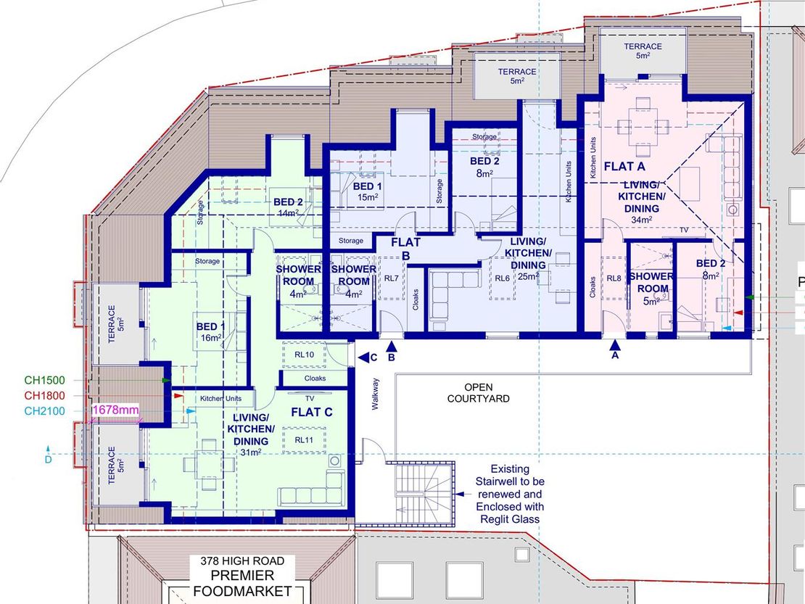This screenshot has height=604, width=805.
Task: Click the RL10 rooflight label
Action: (305, 355)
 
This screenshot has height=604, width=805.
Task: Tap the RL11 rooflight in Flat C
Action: (304, 440)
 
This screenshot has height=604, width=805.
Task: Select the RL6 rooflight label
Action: (502, 278)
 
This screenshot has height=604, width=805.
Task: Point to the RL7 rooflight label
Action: (391, 278)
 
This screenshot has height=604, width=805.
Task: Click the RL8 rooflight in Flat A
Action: (614, 278)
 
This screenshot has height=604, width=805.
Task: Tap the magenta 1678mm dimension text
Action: (115, 410)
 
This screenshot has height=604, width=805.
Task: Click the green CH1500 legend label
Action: (45, 380)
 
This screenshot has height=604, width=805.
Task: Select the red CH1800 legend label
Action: (45, 396)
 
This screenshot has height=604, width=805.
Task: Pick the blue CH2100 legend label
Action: (45, 411)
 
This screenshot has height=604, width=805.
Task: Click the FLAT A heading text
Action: (624, 166)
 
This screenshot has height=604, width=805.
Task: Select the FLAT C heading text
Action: (312, 412)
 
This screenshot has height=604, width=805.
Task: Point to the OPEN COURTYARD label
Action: (479, 393)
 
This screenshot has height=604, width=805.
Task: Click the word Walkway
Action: (375, 394)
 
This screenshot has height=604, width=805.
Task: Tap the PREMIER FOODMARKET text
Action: (242, 584)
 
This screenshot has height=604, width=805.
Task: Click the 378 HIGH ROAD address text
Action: (242, 561)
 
